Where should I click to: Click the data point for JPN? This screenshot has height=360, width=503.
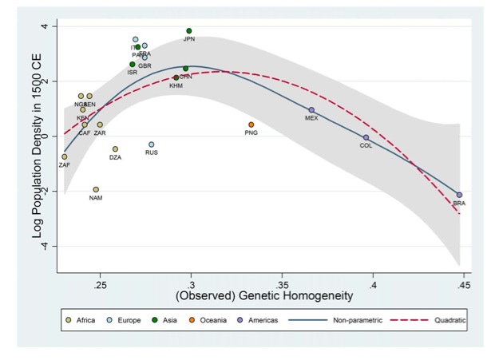pyautogui.click(x=189, y=31)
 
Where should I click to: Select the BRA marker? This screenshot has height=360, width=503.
pyautogui.click(x=459, y=195)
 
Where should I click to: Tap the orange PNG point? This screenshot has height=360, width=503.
pyautogui.click(x=252, y=125)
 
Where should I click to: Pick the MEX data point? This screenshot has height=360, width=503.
pyautogui.click(x=311, y=110)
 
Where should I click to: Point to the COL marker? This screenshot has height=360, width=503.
pyautogui.click(x=366, y=137)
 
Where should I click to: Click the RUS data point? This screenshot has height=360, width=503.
pyautogui.click(x=151, y=144)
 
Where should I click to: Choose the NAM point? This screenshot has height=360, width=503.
pyautogui.click(x=96, y=190)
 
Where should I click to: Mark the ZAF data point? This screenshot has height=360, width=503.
pyautogui.click(x=65, y=156)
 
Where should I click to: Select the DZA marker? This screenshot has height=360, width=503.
pyautogui.click(x=115, y=149)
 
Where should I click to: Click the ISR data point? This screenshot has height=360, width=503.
pyautogui.click(x=133, y=65)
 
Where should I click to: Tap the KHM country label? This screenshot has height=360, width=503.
pyautogui.click(x=176, y=85)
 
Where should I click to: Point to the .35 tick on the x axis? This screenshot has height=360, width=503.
pyautogui.click(x=282, y=283)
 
